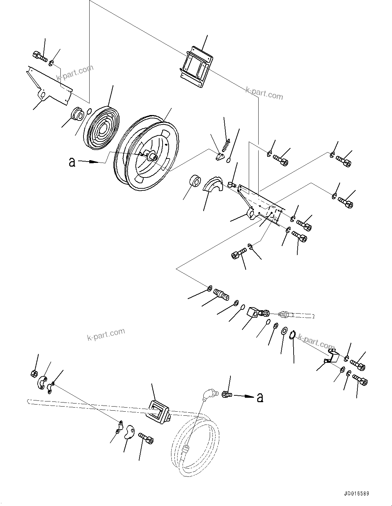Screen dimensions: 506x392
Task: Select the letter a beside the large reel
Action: point(72,162)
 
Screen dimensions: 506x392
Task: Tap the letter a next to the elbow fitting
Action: point(260,397)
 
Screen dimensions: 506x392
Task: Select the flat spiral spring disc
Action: point(102,127)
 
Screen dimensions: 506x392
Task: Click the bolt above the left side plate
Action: point(40,56)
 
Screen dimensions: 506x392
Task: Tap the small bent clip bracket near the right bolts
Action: point(331,356)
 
